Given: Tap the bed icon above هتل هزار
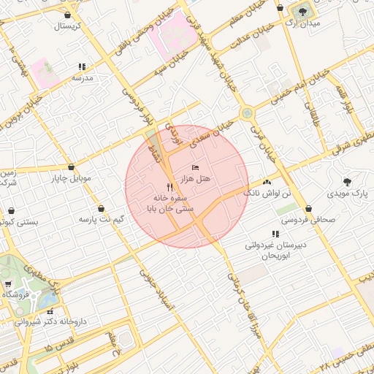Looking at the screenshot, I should click(x=194, y=169).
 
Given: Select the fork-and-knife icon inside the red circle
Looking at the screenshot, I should click(x=170, y=187).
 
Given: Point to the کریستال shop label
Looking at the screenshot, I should click(x=68, y=26).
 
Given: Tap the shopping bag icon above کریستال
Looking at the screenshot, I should click(x=68, y=15).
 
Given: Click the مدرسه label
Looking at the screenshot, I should click(x=80, y=77).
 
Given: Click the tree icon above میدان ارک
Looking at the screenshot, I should click(x=300, y=11).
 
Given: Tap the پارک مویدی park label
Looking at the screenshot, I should click(x=346, y=194).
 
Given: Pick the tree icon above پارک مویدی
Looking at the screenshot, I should click(x=347, y=182).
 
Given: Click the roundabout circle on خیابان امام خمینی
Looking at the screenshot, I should click(x=247, y=113).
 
